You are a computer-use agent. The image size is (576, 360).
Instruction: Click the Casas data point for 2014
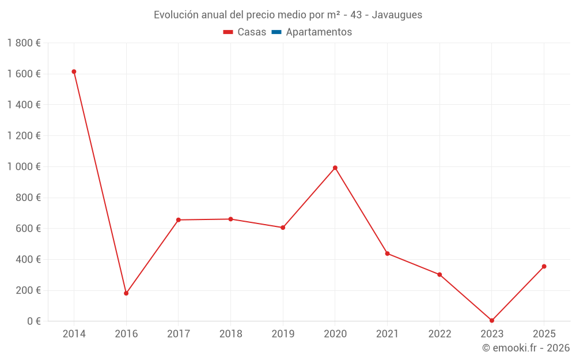(74, 71)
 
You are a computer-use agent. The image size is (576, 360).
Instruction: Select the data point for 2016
(126, 293)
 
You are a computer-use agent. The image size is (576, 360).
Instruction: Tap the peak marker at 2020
(335, 168)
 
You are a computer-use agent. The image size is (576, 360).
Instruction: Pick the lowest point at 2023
(492, 320)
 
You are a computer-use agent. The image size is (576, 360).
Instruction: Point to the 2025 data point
(544, 266)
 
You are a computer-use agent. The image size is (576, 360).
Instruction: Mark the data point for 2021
(387, 253)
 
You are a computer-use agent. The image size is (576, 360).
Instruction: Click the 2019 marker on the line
(283, 228)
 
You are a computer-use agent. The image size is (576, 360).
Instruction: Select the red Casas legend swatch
(228, 32)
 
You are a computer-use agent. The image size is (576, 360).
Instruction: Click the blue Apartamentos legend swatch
(276, 32)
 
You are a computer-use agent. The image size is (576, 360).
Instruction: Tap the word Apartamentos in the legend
(319, 32)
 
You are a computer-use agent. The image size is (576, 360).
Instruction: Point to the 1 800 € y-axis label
(24, 43)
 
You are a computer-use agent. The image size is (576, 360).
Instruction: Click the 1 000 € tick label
(24, 166)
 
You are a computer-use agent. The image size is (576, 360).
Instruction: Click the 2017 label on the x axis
(178, 334)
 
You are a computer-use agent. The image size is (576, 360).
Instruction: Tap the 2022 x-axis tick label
(439, 334)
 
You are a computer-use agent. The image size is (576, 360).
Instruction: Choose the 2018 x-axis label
(230, 334)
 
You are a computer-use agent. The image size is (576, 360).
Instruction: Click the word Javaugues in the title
(397, 15)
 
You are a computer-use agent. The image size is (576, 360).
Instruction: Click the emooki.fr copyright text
(526, 348)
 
